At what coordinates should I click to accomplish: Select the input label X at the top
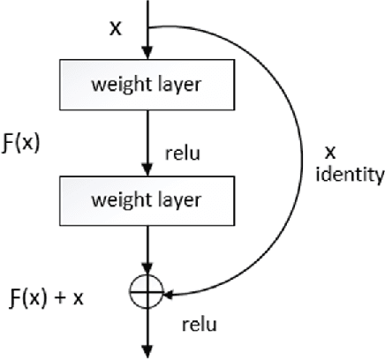click(x=114, y=29)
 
